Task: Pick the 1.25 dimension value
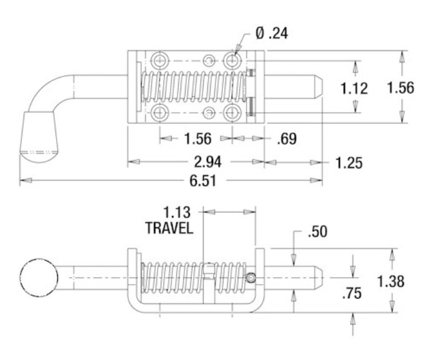pyautogui.click(x=348, y=163)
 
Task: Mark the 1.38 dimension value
pyautogui.click(x=392, y=280)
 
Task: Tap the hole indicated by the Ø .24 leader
pyautogui.click(x=233, y=61)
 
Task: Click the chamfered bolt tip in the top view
pyautogui.click(x=318, y=88)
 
